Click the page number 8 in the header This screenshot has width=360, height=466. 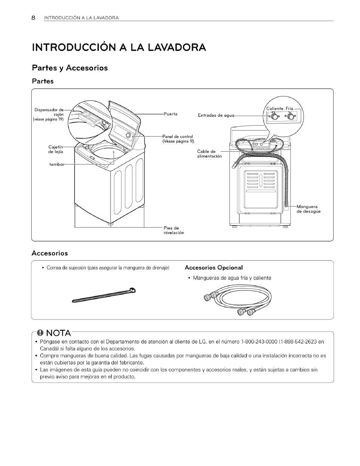click(33, 18)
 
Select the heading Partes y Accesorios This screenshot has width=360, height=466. click(70, 68)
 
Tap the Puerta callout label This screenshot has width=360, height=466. click(170, 114)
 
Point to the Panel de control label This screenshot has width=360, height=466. click(178, 138)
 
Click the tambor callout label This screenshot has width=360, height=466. click(57, 164)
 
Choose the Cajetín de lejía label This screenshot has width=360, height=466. click(55, 149)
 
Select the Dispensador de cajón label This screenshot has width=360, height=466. click(49, 114)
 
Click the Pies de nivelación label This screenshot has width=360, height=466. click(174, 230)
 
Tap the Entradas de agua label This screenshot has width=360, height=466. click(216, 115)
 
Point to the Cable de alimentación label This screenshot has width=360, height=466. click(209, 154)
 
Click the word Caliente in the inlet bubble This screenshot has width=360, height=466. click(275, 109)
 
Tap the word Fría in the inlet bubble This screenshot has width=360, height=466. click(289, 109)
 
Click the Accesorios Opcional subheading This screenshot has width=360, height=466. click(214, 268)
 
